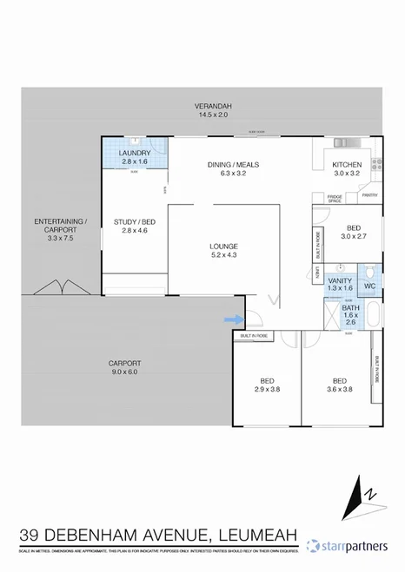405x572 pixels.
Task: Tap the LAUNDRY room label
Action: [136, 154]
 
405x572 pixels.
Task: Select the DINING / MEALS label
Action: [232, 165]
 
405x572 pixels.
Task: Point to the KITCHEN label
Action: [347, 165]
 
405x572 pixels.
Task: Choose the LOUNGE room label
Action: [223, 246]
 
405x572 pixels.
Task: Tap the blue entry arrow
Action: [233, 319]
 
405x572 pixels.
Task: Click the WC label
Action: [368, 286]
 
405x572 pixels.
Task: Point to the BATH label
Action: [349, 307]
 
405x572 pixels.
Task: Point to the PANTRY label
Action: [368, 195]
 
